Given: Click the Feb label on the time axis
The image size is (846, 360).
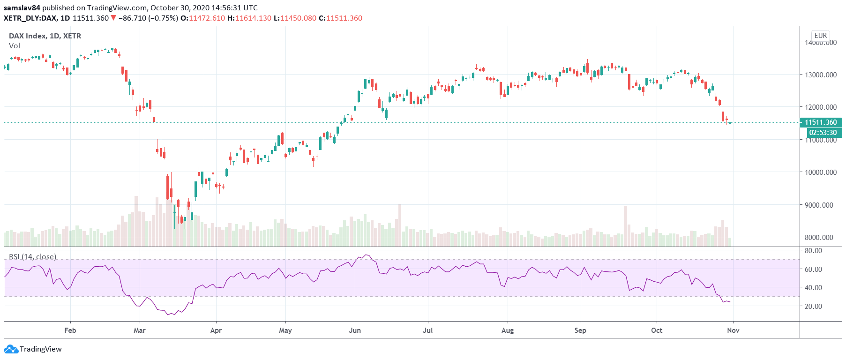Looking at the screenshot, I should [x=70, y=330].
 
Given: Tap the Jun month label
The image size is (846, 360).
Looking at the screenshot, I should [x=355, y=330].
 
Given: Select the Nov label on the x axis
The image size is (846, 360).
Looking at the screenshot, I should [x=733, y=330].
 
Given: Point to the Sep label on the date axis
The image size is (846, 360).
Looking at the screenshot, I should [x=580, y=330].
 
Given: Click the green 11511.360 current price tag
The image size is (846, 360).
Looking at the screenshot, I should [x=821, y=122].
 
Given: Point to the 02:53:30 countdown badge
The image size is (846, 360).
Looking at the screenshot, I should [x=823, y=133].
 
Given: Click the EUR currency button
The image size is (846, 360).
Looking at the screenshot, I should [x=820, y=36].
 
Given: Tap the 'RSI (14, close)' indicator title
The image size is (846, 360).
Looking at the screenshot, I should [x=33, y=257].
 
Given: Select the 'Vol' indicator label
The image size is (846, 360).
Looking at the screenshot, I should [x=15, y=46].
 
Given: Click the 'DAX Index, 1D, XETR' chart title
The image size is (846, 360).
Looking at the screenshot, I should [x=45, y=36].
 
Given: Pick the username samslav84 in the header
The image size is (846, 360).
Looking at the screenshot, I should [x=22, y=8].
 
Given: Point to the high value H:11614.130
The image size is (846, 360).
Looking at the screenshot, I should [x=249, y=18].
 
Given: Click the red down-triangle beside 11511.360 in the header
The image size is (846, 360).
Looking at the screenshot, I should [x=113, y=18].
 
